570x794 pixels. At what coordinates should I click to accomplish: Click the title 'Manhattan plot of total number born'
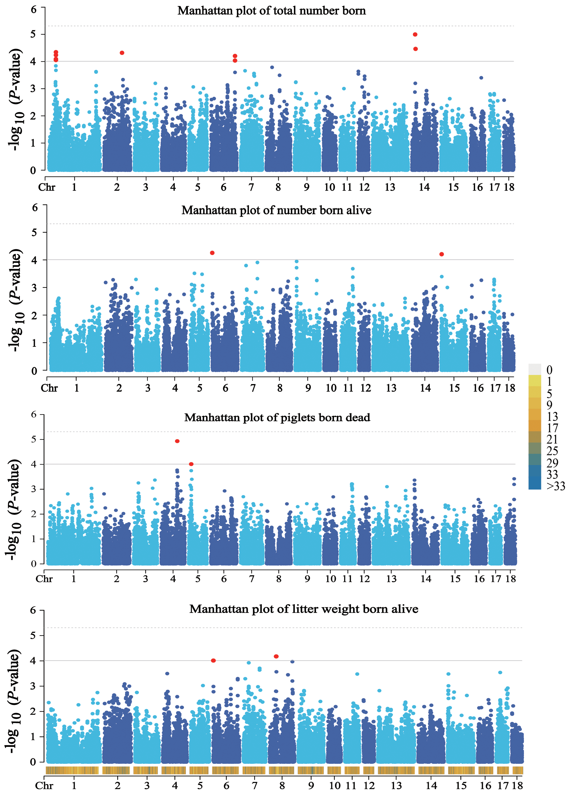point(272,11)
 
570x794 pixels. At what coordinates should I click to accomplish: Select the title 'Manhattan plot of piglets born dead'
point(277,418)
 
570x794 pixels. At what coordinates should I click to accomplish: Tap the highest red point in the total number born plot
point(415,34)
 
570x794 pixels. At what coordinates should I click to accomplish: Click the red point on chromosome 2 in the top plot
point(122,53)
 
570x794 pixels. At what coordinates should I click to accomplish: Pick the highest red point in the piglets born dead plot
point(177,441)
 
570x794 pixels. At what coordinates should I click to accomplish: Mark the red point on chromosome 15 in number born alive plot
point(441,254)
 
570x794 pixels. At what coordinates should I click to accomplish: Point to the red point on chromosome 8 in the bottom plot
point(276,657)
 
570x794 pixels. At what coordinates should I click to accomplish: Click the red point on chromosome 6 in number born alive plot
point(212,253)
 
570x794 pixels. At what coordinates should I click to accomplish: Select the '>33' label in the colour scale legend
point(556,486)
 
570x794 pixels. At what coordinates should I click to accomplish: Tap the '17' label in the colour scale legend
point(552,428)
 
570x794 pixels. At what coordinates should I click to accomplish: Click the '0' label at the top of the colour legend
point(549,370)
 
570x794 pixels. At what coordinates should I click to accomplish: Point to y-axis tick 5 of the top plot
point(33,34)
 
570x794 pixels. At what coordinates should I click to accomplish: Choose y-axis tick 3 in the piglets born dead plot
point(34,489)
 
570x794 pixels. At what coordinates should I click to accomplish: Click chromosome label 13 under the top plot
point(390,187)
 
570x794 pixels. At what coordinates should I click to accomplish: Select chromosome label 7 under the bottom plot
point(255,786)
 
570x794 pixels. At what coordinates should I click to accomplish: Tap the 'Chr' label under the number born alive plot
point(49,388)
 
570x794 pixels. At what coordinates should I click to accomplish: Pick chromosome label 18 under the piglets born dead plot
point(510,579)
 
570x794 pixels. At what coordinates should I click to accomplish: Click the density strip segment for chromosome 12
point(368,770)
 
